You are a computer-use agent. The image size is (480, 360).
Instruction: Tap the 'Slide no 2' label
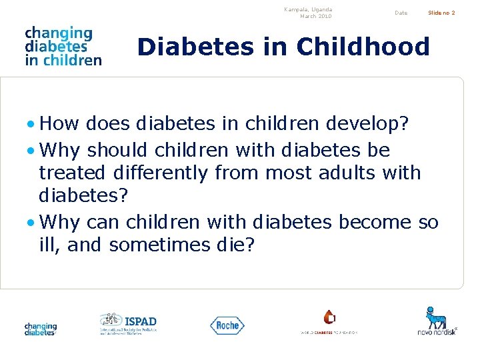441,13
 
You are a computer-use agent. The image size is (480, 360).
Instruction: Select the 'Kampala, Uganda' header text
308,9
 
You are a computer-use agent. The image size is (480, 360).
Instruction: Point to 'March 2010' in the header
315,17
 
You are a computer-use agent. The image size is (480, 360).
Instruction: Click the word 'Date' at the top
401,13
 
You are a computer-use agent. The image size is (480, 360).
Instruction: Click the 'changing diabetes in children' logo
63,46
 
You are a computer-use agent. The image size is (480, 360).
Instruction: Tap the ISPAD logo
128,323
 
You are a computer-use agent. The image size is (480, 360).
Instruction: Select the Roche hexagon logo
227,325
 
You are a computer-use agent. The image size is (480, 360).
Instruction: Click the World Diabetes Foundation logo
329,323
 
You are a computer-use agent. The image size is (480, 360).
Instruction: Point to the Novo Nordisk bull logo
437,320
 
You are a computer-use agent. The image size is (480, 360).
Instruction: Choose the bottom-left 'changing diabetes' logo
41,329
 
